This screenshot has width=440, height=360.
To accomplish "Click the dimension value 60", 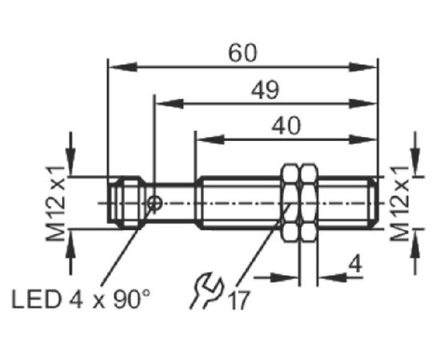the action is (242, 54).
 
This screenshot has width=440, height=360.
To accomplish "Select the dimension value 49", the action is (265, 90).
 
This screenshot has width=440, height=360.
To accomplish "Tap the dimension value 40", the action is (286, 126).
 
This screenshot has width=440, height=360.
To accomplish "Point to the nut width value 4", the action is (355, 264).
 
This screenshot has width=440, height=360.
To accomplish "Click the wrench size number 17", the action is (239, 301).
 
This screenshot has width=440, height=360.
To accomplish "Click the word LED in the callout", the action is (37, 299).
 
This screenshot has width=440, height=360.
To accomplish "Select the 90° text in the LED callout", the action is (132, 299).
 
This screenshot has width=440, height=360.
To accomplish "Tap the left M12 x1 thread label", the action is (55, 203).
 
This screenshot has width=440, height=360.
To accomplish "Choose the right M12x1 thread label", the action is (399, 203).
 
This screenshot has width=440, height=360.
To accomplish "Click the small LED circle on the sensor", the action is (155, 203).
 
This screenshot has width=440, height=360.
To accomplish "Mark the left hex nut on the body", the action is (291, 203).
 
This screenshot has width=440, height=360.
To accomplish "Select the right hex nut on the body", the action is (310, 203).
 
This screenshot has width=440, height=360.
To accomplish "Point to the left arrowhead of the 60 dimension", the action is (123, 67).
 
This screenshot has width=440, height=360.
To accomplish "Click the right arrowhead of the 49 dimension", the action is (362, 104).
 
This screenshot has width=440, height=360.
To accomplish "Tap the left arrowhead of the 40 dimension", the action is (210, 139).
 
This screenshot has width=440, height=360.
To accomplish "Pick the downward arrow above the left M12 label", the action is (70, 154).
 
